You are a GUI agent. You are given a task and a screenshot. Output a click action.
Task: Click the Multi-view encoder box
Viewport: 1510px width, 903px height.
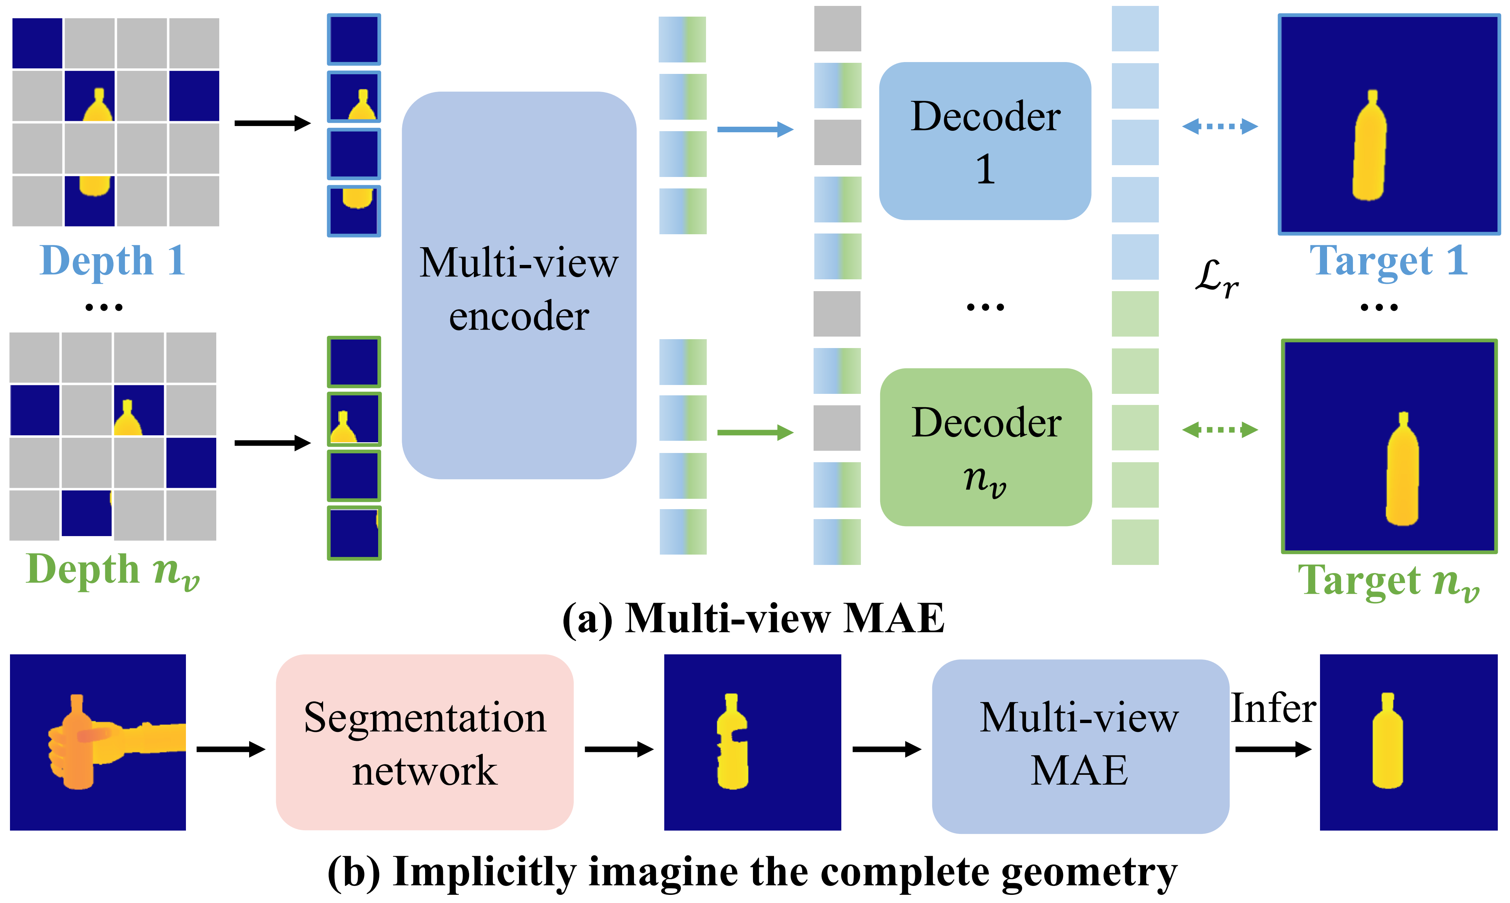pyautogui.click(x=519, y=286)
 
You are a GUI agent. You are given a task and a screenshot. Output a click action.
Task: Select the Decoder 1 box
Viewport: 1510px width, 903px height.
pyautogui.click(x=985, y=141)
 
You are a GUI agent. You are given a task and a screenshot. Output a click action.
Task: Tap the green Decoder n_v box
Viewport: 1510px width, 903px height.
pyautogui.click(x=985, y=447)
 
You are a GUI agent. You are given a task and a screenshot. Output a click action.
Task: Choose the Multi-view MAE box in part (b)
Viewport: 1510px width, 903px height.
pyautogui.click(x=1080, y=745)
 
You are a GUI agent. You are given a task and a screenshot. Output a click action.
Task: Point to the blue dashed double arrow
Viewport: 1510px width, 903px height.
pyautogui.click(x=1220, y=127)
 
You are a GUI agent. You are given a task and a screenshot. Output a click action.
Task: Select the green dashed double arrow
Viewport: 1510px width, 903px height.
pyautogui.click(x=1220, y=430)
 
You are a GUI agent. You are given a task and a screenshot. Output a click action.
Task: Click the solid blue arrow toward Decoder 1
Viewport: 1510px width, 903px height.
pyautogui.click(x=755, y=129)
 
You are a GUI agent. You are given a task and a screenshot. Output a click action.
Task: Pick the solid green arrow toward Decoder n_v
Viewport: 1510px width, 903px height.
pyautogui.click(x=755, y=433)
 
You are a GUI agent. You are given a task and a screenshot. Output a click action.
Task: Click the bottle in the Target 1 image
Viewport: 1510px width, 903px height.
pyautogui.click(x=1370, y=149)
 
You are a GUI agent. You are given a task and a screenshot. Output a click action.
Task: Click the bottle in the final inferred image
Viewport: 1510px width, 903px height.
pyautogui.click(x=1388, y=742)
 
